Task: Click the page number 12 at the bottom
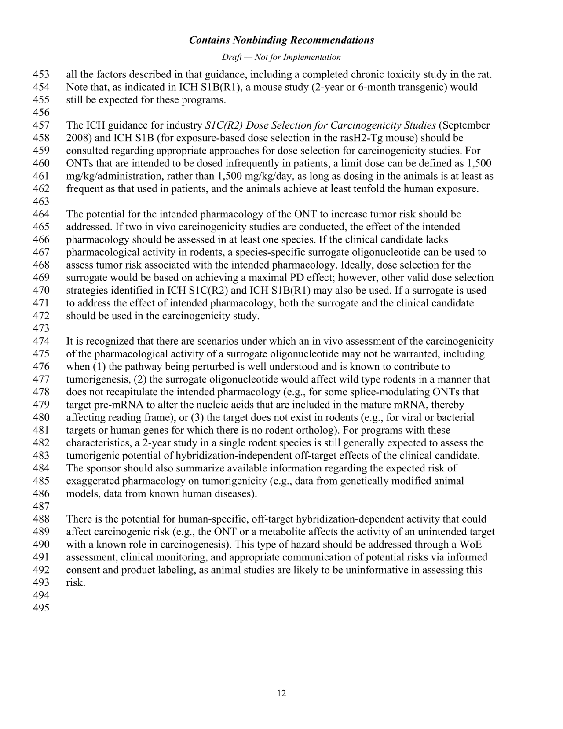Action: click(281, 693)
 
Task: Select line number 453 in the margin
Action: click(41, 74)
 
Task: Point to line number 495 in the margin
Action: click(41, 608)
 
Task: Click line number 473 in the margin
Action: click(41, 328)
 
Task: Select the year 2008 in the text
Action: click(77, 138)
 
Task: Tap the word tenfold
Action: click(379, 189)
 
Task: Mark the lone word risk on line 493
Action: click(74, 583)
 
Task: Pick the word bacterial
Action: click(454, 417)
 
